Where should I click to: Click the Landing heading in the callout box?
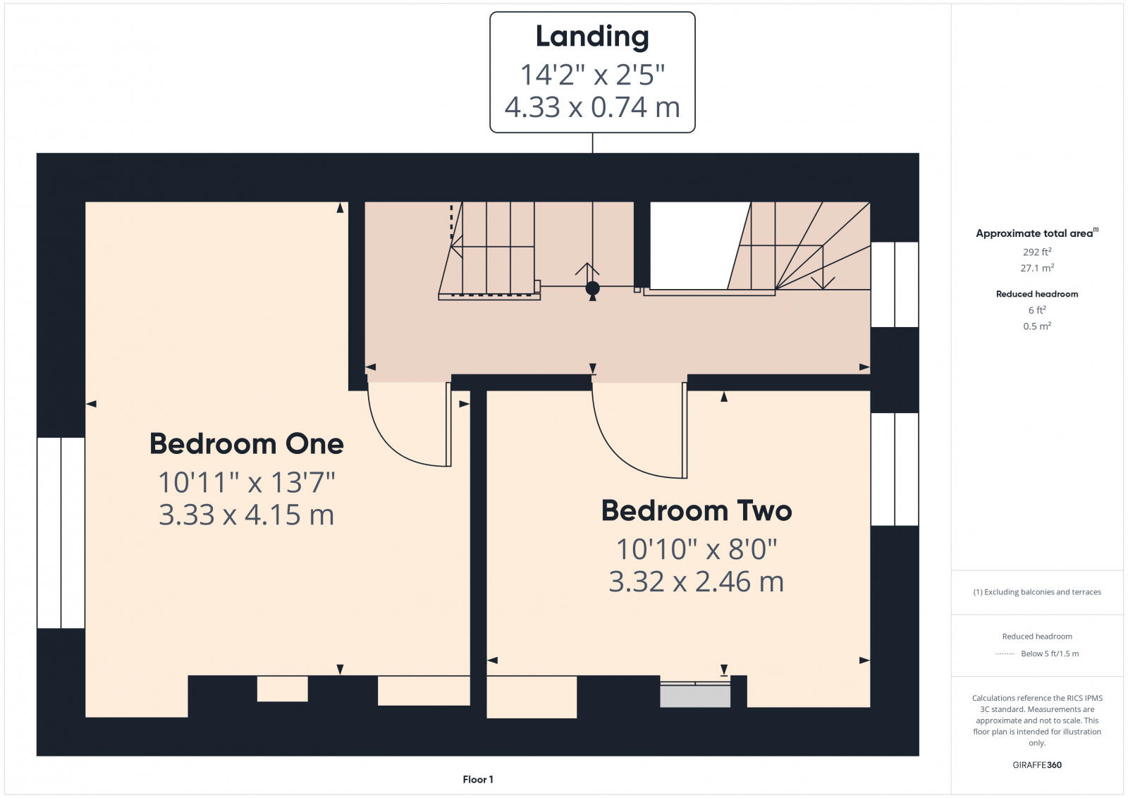tap(592, 37)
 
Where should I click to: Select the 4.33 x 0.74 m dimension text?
tap(592, 107)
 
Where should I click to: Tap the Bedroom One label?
tap(247, 444)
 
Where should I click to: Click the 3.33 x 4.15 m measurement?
tap(247, 515)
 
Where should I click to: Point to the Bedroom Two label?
tap(697, 510)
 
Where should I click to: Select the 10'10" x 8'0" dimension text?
tap(697, 548)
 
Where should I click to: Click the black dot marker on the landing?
tap(592, 288)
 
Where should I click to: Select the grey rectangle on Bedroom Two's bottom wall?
tap(695, 696)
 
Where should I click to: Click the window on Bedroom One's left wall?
tap(61, 532)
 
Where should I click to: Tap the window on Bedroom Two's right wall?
tap(895, 469)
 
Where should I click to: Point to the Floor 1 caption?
tap(478, 779)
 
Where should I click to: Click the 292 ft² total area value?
tap(1036, 252)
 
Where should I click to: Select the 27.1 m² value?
tap(1036, 268)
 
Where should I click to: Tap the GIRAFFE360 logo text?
tap(1036, 765)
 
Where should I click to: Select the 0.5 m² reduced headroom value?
tap(1036, 326)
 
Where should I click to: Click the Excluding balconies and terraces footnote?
tap(1037, 592)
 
